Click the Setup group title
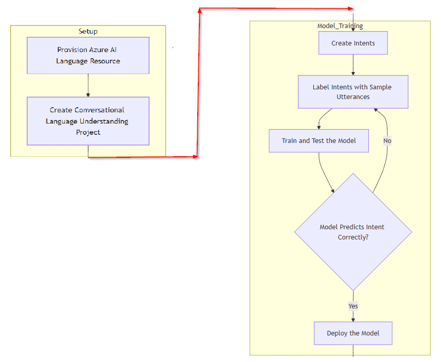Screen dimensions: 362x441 [88, 32]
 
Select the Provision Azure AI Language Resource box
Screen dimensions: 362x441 [88, 55]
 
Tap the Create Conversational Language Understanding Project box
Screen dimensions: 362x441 [88, 121]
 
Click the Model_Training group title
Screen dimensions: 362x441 [340, 26]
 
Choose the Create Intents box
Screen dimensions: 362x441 [353, 43]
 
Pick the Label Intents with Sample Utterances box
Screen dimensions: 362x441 [353, 92]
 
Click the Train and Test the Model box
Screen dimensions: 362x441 [318, 140]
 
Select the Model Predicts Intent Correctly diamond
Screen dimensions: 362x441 [353, 232]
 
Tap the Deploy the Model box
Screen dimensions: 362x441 [353, 333]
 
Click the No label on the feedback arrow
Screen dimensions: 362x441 [387, 141]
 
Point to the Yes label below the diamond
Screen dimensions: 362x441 [353, 306]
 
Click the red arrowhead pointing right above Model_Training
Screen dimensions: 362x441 [350, 8]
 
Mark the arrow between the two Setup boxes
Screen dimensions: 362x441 [88, 85]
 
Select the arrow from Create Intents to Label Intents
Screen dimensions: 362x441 [353, 65]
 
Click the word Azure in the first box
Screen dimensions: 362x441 [99, 50]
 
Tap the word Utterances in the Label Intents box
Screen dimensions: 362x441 [353, 97]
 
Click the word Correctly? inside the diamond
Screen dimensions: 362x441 [353, 237]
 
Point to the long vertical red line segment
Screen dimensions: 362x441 [198, 82]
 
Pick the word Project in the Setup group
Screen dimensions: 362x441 [88, 132]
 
